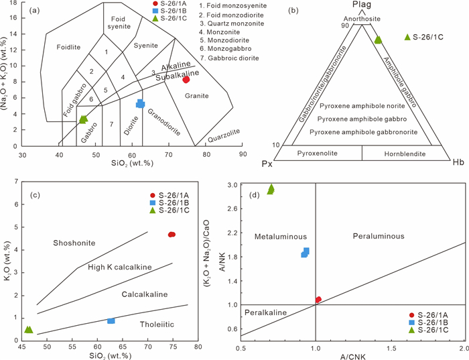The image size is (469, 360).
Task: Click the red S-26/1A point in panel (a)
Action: (x=186, y=80)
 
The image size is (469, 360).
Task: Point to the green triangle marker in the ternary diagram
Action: (x=378, y=40)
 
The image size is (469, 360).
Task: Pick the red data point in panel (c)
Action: (x=172, y=234)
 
